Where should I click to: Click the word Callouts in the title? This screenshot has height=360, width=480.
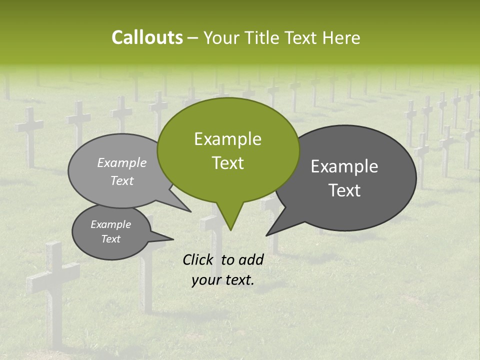147,37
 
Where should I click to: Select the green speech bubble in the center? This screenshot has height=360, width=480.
228,150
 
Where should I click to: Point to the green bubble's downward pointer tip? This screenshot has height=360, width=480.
230,229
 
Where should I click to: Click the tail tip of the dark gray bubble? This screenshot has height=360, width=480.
266,235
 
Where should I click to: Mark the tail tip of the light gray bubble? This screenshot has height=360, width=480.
190,211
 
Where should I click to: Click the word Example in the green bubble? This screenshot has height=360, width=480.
227,139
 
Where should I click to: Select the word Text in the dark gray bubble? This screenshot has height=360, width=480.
345,190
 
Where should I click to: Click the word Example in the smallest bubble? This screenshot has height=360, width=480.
110,224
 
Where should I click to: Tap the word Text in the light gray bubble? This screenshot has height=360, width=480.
121,181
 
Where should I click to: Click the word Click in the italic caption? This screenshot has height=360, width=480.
198,259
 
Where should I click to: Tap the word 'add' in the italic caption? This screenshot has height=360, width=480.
250,259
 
